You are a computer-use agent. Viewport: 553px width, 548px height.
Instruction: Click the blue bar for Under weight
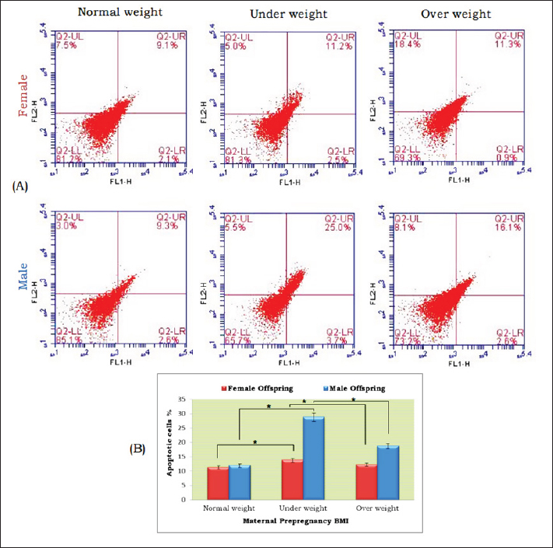[x=313, y=458]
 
